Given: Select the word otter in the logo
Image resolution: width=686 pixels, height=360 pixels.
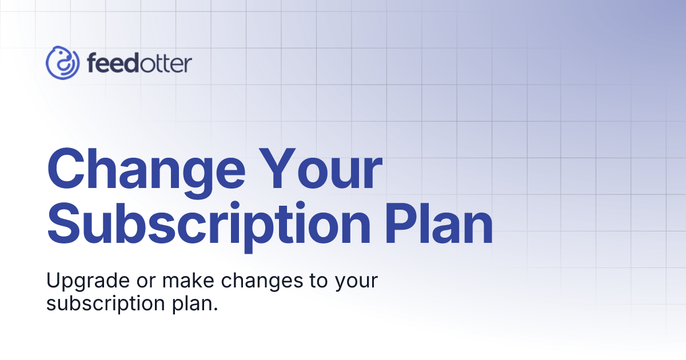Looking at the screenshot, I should [x=166, y=63].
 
